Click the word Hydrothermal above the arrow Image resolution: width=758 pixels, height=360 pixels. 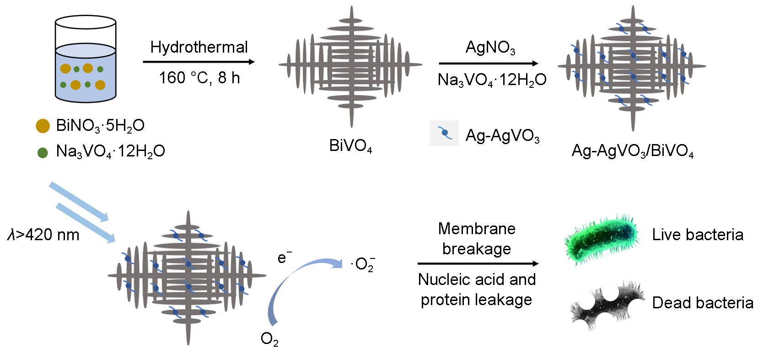point(199,47)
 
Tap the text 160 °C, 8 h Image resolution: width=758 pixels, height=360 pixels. point(199,78)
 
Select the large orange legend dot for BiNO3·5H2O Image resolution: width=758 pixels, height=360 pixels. point(43,126)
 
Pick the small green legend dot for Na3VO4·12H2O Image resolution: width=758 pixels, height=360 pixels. point(43,152)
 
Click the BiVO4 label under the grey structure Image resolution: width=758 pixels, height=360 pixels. point(350,146)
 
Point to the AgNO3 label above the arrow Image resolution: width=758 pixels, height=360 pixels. point(490,48)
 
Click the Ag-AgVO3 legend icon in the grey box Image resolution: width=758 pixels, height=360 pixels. point(444,133)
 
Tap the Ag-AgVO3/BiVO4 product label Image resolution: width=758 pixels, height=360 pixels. point(633,151)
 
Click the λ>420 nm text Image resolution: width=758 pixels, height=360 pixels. point(43,235)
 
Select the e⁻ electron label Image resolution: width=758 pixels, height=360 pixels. point(284,258)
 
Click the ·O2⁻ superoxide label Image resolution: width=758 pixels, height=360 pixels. point(363,264)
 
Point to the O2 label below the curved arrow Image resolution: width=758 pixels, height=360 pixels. point(269,339)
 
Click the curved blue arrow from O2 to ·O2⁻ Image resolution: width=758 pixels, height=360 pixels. point(293,279)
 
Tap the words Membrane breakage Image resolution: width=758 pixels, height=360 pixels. point(477,238)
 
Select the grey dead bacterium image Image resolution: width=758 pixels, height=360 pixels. point(607,304)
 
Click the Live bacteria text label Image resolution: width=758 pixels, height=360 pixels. point(698,235)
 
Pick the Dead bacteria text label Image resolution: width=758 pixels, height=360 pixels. point(703,303)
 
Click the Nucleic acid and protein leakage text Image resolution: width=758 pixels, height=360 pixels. point(477,290)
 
